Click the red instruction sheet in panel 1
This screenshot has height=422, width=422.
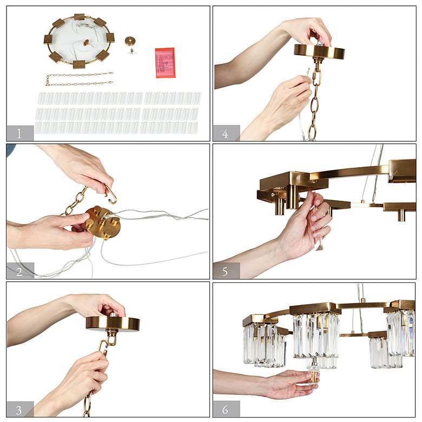point(165,63)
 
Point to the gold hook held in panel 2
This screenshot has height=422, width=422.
point(110,193)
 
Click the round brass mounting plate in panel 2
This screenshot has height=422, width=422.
point(103,222)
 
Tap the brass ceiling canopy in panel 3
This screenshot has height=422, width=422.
point(113,323)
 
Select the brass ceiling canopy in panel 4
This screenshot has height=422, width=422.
point(319,51)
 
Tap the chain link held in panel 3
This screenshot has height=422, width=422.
point(104,347)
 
